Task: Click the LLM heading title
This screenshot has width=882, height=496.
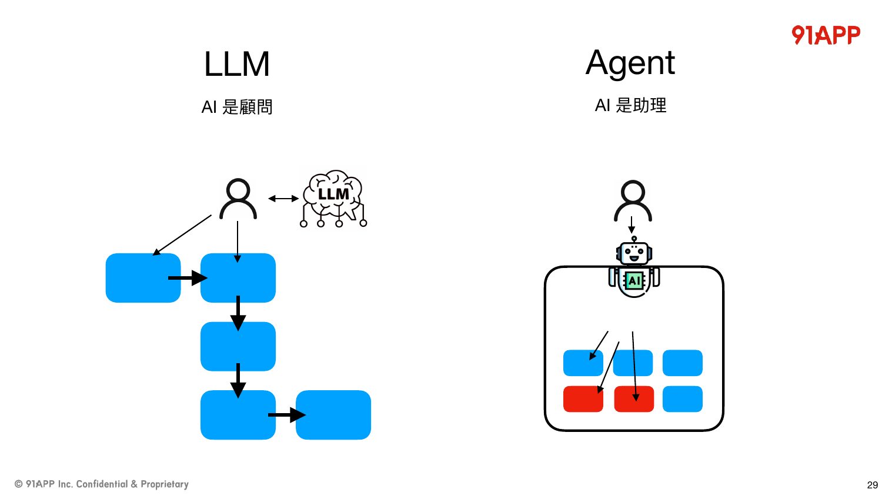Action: [236, 64]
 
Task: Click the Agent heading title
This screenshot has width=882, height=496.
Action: [630, 63]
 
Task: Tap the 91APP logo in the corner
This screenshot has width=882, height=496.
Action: [826, 35]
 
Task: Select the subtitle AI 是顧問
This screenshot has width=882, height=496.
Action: [236, 107]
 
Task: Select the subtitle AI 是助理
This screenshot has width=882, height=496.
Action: [630, 105]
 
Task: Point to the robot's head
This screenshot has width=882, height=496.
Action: [634, 252]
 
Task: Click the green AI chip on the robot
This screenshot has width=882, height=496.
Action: [634, 281]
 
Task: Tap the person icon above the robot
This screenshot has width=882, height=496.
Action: [633, 201]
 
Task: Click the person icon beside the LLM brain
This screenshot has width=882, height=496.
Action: [238, 199]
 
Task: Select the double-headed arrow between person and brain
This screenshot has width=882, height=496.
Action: [283, 199]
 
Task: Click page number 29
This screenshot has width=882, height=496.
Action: [872, 485]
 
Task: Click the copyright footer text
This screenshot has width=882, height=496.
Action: [101, 484]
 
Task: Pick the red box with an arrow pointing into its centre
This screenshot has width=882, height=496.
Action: [634, 399]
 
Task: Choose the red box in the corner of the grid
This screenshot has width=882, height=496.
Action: [583, 399]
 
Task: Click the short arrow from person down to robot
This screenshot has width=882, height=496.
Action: [632, 224]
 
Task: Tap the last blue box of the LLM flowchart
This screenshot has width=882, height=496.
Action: [333, 414]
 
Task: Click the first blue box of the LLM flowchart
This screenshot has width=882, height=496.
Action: [143, 278]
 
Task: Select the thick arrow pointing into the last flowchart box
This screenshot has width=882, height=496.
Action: [287, 414]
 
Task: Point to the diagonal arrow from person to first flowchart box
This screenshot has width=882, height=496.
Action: [182, 235]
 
